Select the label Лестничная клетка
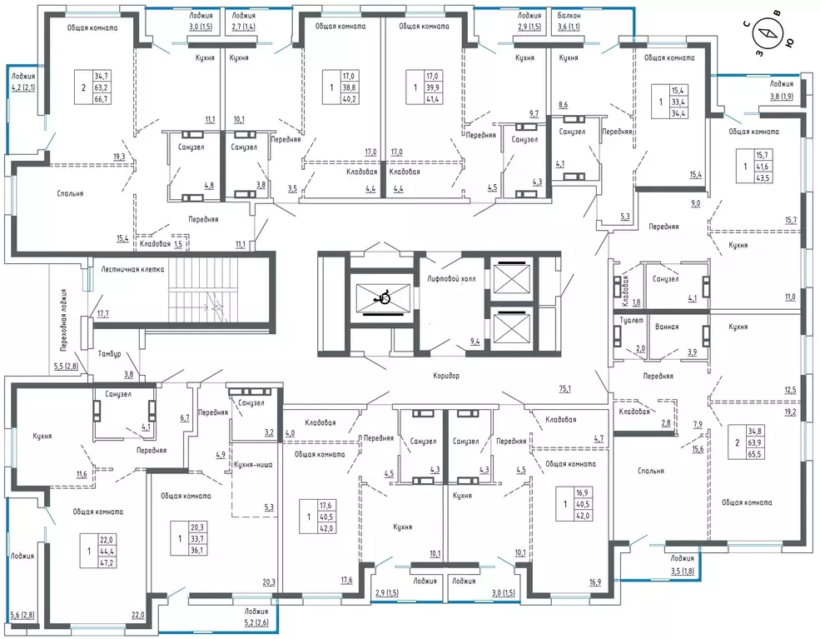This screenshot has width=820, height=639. [133, 270]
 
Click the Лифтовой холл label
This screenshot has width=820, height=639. [451, 279]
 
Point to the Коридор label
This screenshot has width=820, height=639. [446, 375]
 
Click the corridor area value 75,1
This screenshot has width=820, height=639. [564, 389]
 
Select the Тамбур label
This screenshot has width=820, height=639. [109, 354]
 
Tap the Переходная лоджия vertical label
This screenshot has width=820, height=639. [63, 319]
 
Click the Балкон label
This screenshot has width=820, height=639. [569, 16]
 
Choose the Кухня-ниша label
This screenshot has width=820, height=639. [253, 464]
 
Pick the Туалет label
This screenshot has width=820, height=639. [632, 320]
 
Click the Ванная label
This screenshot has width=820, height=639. [667, 327]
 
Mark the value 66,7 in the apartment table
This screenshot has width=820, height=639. [102, 98]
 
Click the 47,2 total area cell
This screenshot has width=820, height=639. [107, 562]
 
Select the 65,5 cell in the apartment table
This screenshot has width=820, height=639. [755, 454]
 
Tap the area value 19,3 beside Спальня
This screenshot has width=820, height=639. [119, 156]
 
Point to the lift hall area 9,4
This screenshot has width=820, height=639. [475, 342]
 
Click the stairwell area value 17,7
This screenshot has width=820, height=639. [103, 313]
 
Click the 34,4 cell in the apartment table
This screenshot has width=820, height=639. [678, 112]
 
